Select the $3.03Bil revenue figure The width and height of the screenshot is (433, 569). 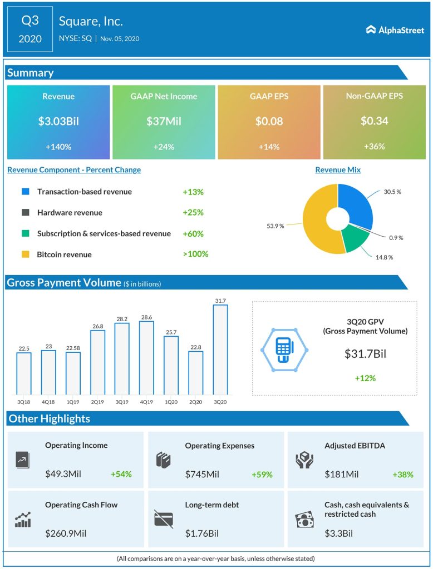click(x=58, y=121)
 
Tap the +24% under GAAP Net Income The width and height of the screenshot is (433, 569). click(x=164, y=147)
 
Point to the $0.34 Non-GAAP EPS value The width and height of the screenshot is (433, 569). click(x=374, y=121)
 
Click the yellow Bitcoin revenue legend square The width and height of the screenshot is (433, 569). click(x=25, y=254)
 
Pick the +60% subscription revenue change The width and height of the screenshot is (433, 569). click(x=193, y=233)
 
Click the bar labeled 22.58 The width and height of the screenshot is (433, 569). click(x=73, y=372)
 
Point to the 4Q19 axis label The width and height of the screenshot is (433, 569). click(x=147, y=401)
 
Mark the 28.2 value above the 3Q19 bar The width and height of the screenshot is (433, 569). click(x=122, y=319)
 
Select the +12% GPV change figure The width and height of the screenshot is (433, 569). click(x=365, y=378)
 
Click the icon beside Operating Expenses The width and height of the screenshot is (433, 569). click(x=163, y=460)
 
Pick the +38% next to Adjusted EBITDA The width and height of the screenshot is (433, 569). click(x=403, y=475)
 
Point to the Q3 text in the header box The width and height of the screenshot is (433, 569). click(x=30, y=22)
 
